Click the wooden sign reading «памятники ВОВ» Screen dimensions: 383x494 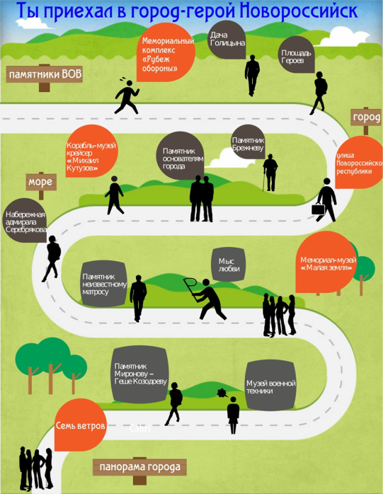click(45, 75)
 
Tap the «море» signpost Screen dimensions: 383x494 click(41, 182)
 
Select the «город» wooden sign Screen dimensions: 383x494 click(366, 117)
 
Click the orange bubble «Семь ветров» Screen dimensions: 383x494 click(81, 425)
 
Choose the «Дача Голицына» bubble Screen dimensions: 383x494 click(227, 40)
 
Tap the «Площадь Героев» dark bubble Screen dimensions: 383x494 click(297, 54)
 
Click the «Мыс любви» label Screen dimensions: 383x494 click(229, 265)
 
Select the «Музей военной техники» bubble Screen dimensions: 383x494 click(270, 386)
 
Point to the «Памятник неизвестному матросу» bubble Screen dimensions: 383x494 click(104, 284)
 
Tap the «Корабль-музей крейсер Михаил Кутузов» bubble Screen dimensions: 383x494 click(92, 151)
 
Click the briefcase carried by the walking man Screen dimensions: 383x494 click(319, 209)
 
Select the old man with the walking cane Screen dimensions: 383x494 click(270, 173)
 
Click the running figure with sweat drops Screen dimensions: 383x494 click(127, 96)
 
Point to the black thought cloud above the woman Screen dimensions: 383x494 click(222, 393)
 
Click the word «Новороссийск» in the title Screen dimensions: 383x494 click(299, 11)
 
